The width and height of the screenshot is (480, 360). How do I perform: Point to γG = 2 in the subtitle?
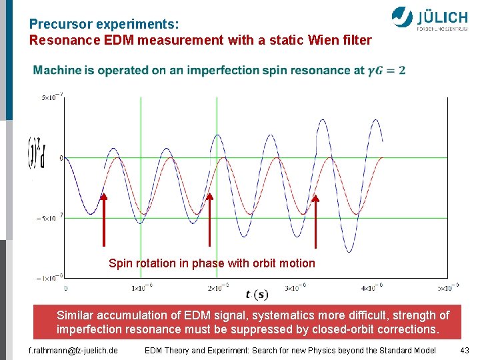point(386,70)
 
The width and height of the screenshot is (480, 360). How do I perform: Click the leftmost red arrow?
point(104,220)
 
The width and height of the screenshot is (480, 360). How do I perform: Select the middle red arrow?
point(209,220)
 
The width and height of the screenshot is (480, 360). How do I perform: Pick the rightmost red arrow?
point(315,220)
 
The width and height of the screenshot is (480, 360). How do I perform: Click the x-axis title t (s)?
point(257,295)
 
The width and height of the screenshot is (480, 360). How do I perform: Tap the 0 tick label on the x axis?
point(65,288)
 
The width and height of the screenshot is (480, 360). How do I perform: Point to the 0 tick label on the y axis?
point(61,158)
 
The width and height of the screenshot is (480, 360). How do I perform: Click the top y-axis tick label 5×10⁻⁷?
point(50,97)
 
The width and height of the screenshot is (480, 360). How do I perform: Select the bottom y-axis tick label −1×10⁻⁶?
point(49,277)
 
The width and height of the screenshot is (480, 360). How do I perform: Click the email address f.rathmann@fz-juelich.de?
point(73,350)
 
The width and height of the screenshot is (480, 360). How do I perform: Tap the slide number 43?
point(465,350)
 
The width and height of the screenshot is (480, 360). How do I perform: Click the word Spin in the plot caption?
point(120,263)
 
